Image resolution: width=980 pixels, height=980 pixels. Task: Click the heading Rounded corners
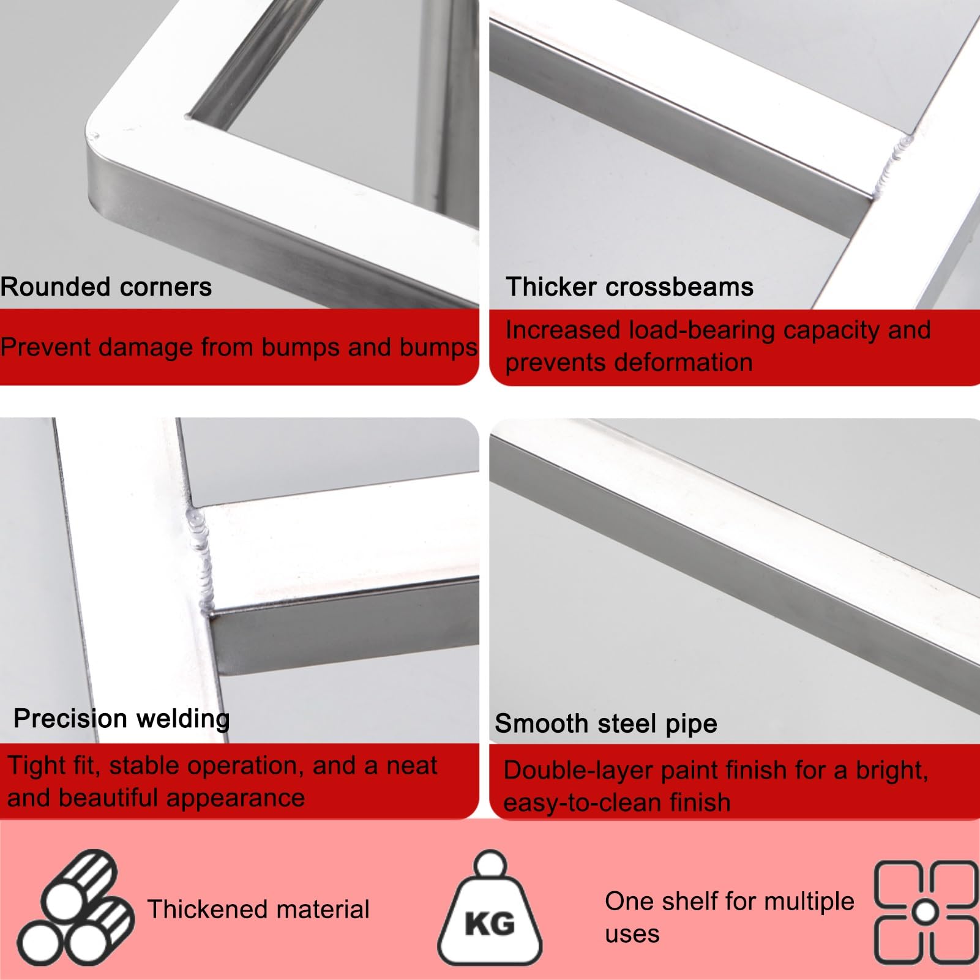click(106, 287)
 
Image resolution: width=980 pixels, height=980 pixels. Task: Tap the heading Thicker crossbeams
click(629, 287)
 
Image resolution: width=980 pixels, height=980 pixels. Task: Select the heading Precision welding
click(122, 719)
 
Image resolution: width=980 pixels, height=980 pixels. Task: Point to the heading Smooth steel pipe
click(606, 724)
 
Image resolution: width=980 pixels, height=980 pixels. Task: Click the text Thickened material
click(258, 910)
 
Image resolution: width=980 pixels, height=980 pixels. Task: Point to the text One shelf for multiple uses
click(730, 918)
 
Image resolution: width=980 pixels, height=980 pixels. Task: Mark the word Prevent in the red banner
click(45, 348)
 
